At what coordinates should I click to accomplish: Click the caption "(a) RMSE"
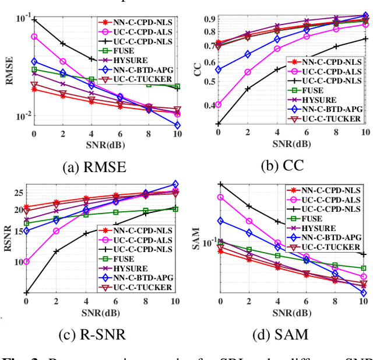(94, 167)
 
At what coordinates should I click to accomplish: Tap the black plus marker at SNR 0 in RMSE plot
(34, 20)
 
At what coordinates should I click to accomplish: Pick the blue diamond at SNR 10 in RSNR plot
(175, 184)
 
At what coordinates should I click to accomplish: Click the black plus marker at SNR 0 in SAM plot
(220, 184)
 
